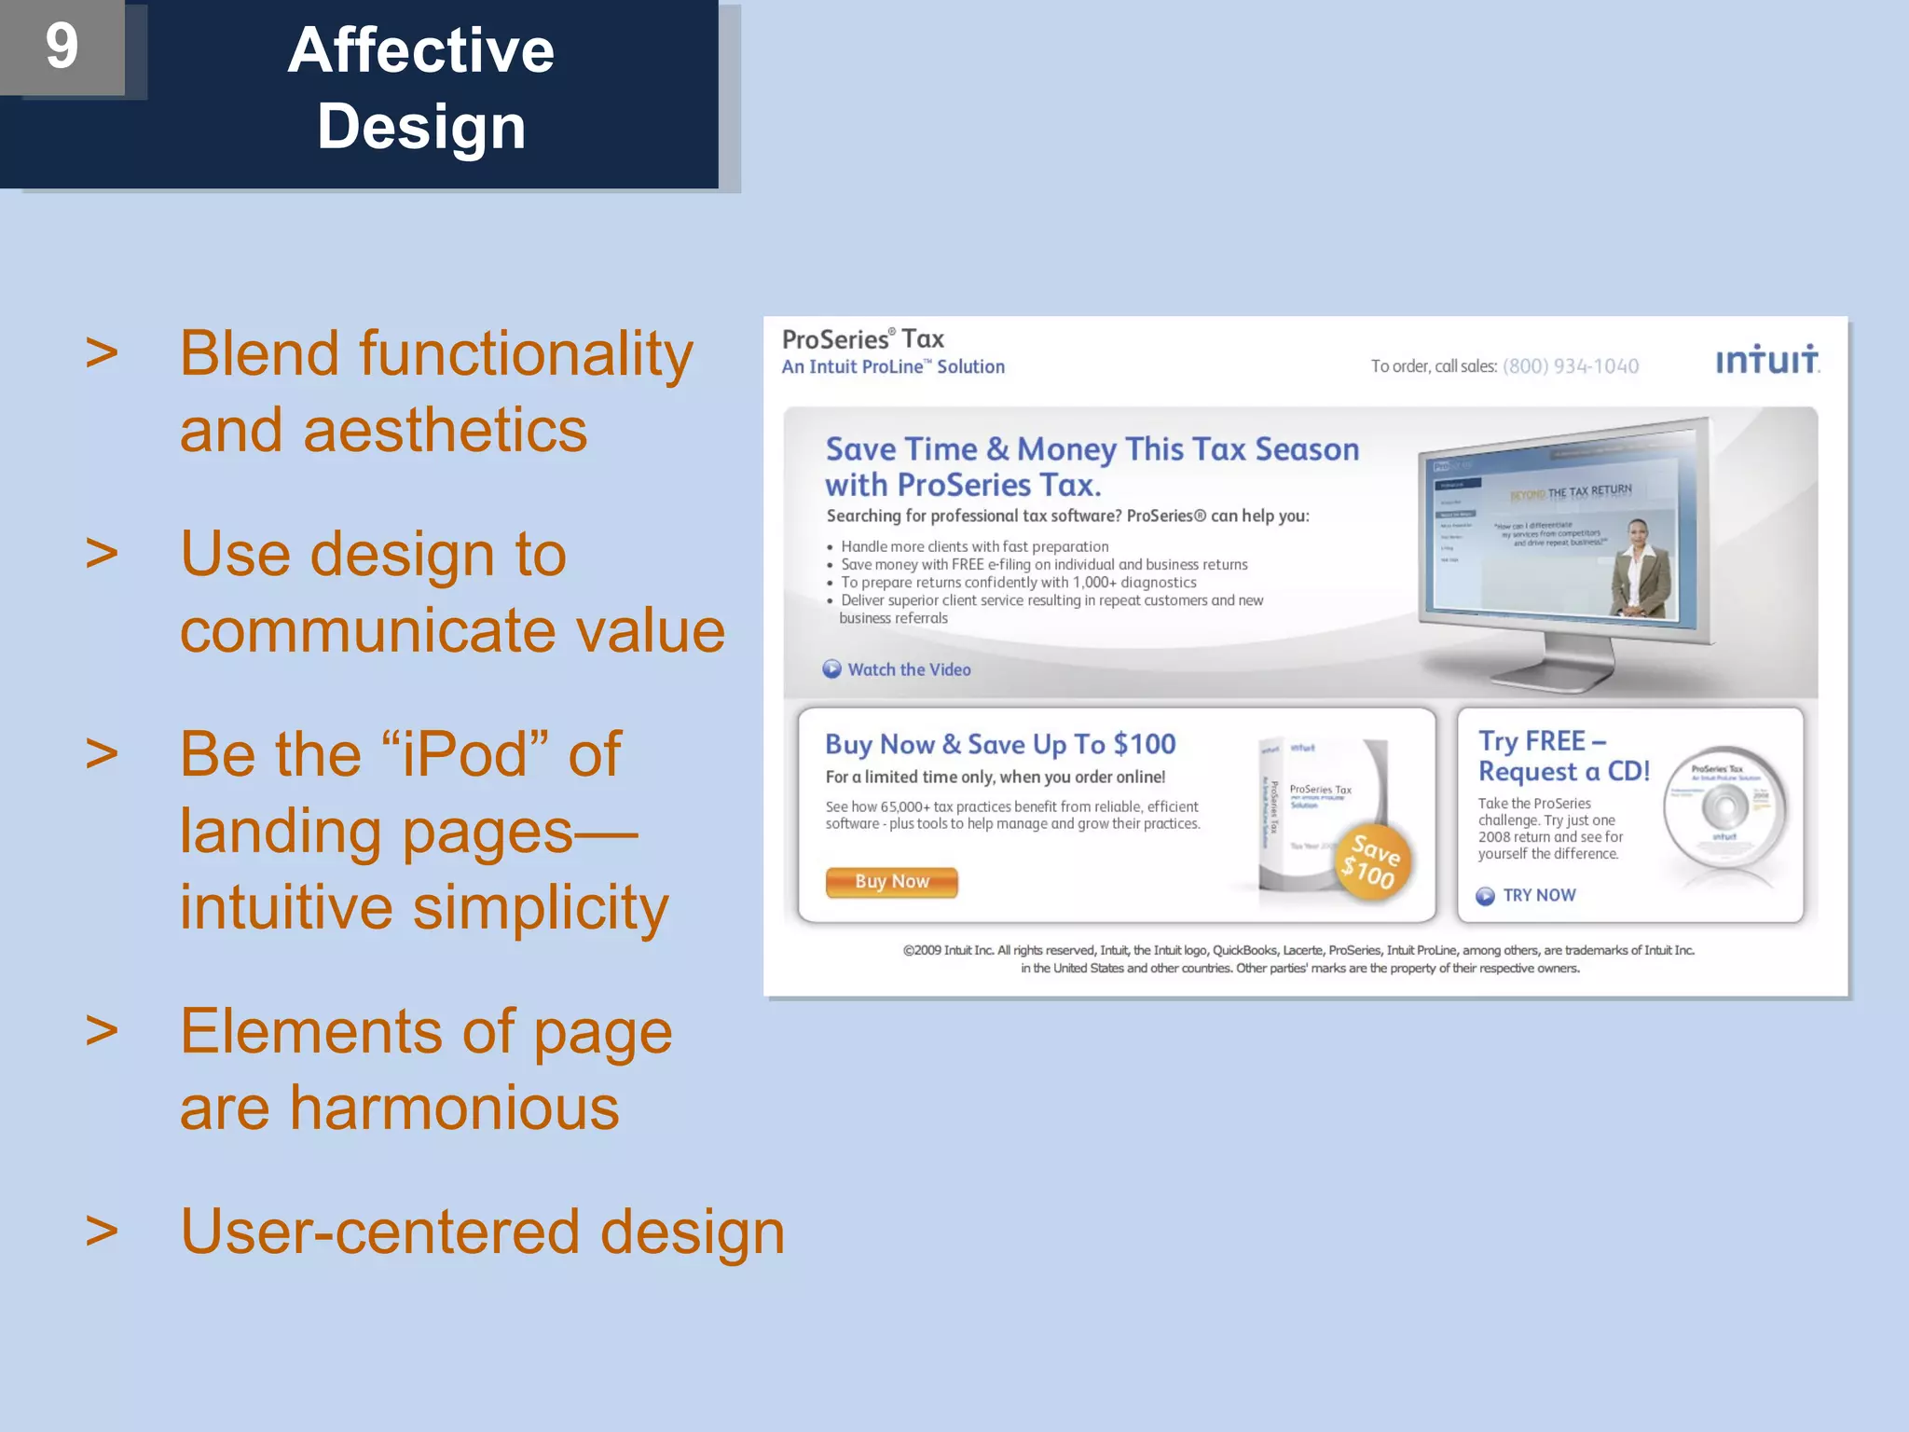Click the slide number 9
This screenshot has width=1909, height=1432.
coord(62,47)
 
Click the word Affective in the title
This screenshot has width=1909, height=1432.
coord(420,50)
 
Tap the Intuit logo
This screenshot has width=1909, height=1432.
coord(1766,360)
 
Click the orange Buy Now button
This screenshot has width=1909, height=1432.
coord(891,882)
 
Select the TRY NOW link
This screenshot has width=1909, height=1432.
coord(1538,896)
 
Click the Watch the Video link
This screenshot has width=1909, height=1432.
coord(908,670)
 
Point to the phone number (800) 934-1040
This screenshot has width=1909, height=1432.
coord(1570,366)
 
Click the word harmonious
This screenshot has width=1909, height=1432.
coord(454,1108)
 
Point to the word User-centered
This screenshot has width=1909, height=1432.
coord(379,1232)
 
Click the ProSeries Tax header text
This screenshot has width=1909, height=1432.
coord(862,339)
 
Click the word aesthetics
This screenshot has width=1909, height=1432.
coord(445,431)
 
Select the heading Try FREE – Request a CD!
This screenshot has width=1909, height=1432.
coord(1563,756)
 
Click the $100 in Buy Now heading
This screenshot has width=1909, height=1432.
coord(1144,744)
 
